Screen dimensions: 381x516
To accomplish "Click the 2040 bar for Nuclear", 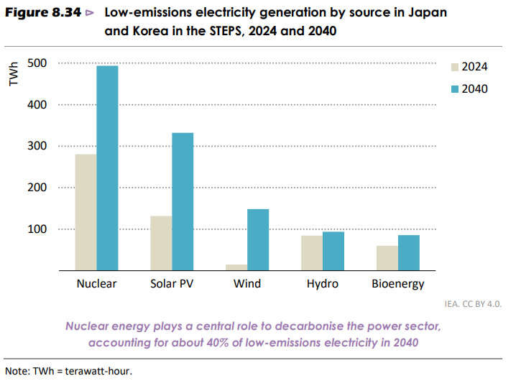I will [107, 168].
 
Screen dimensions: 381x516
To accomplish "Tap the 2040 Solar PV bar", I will [183, 201].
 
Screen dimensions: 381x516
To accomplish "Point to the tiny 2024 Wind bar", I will [236, 267].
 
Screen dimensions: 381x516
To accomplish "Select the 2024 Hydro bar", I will [312, 253].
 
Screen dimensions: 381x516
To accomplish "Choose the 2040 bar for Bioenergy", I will [409, 252].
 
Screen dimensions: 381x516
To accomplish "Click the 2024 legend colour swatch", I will [454, 67].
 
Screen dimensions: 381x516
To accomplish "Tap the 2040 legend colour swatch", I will [454, 89].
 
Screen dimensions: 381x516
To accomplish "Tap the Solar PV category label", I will [172, 284].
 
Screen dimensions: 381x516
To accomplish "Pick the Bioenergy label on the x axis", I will [398, 284].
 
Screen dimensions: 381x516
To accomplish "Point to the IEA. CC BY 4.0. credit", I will [473, 304].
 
